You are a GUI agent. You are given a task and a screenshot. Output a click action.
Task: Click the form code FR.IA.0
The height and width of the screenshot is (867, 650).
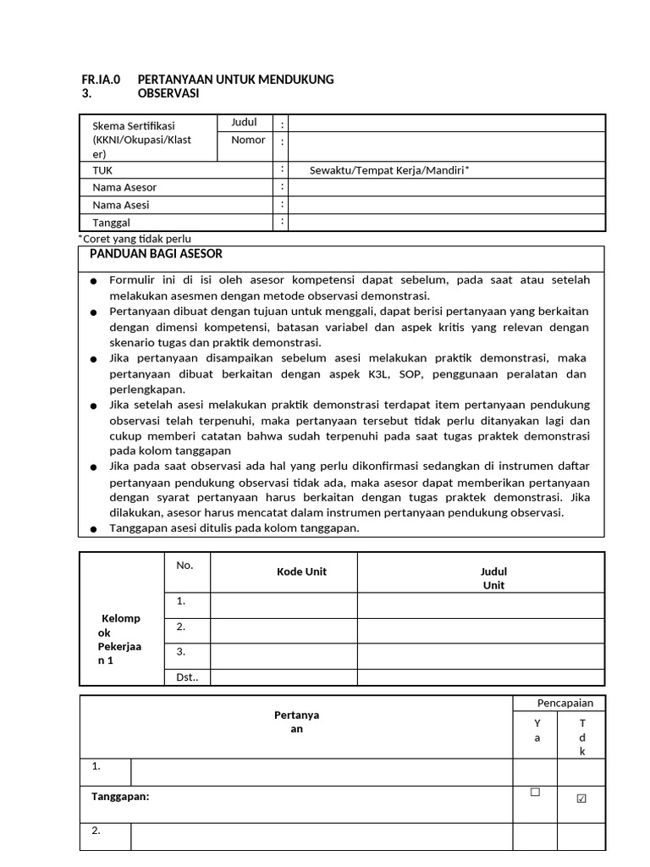[x=100, y=80]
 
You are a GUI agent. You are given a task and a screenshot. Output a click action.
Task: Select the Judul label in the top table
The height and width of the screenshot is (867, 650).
[x=244, y=123]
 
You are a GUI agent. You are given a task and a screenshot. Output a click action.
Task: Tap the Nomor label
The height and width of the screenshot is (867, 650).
[x=248, y=141]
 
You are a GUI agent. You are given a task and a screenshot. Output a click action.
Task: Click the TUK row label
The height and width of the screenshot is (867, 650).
[x=102, y=170]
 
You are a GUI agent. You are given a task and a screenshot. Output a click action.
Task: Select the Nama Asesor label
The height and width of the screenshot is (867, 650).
[x=124, y=188]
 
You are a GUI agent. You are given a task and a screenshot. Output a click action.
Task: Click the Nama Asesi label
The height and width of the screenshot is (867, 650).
[x=121, y=205]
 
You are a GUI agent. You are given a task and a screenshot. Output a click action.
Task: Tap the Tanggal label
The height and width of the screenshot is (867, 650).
[x=112, y=223]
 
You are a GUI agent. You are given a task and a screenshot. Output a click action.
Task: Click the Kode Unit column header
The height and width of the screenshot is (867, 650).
[x=301, y=572]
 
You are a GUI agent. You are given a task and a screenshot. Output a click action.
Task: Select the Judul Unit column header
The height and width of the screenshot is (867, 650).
[x=493, y=578]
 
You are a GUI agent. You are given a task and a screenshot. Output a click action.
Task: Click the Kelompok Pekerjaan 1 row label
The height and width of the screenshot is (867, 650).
[x=119, y=639]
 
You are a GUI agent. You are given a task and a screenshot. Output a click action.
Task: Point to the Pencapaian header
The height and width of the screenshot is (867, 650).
[x=565, y=703]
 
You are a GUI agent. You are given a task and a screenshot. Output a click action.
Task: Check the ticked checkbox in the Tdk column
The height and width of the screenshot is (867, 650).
[x=581, y=798]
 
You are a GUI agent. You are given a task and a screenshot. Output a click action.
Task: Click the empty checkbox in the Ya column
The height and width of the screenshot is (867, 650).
[x=535, y=792]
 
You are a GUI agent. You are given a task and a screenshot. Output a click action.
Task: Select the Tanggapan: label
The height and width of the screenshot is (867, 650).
[x=120, y=796]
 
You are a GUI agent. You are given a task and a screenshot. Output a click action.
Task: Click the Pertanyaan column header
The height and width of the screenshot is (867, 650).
[x=296, y=722]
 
